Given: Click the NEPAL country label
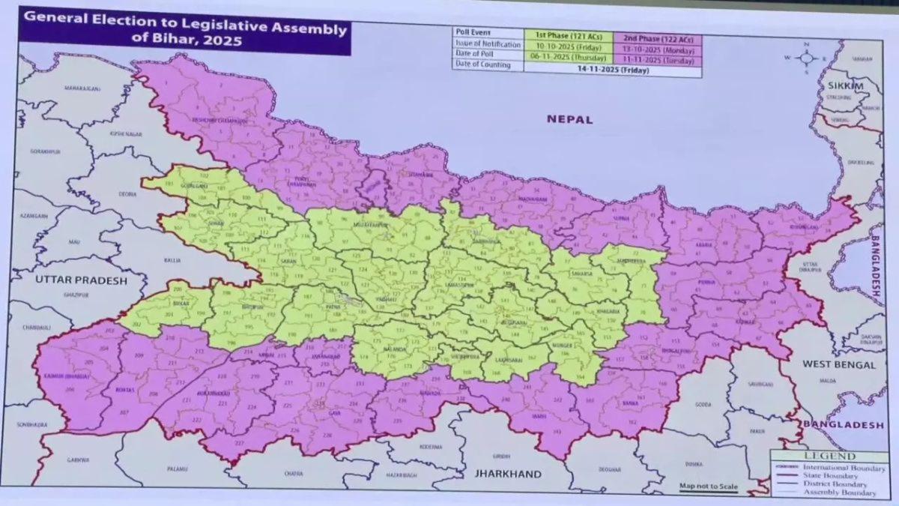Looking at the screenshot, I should [569, 119].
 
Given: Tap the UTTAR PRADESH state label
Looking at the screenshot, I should [80, 280].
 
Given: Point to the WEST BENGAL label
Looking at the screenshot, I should [838, 364].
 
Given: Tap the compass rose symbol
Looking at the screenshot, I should [806, 58].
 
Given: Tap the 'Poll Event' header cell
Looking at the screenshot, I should [472, 34].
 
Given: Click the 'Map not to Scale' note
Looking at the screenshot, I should [708, 487].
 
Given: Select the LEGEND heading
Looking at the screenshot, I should [829, 456].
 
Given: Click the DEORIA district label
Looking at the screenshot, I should [128, 194].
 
